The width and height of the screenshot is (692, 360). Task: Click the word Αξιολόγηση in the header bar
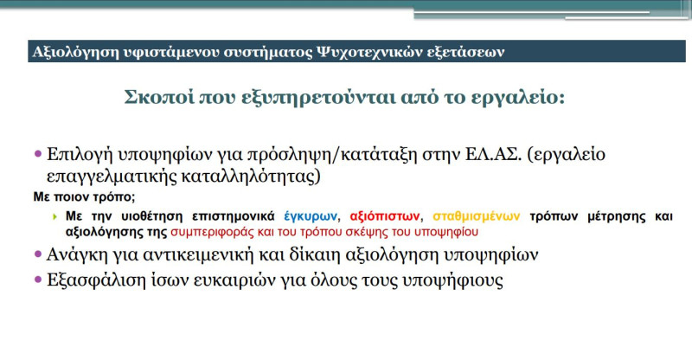coord(68,50)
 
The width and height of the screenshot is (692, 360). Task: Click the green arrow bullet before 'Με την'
coord(54,215)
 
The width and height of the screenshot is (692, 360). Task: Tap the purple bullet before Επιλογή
coord(38,154)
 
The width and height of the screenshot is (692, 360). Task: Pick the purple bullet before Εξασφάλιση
coord(38,281)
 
